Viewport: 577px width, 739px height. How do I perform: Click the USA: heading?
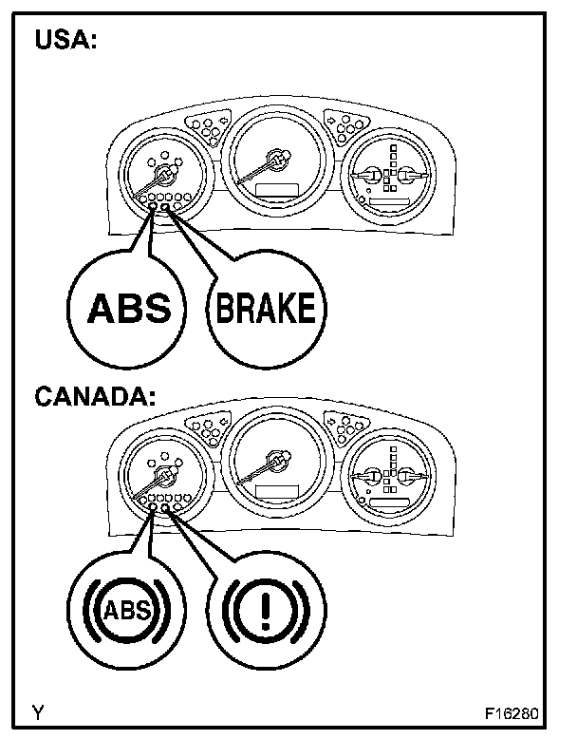click(x=65, y=42)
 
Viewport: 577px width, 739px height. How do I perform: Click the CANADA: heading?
click(x=94, y=396)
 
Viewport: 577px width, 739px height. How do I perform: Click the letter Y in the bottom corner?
click(x=36, y=711)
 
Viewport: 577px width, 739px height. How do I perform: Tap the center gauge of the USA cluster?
click(x=274, y=162)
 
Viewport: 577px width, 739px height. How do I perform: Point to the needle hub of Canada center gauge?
click(x=276, y=462)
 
